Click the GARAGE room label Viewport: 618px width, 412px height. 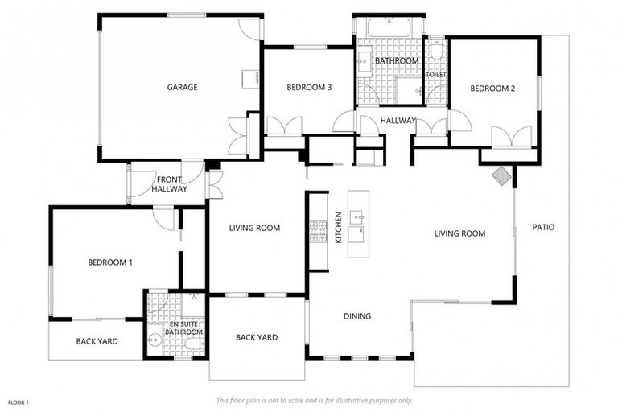click(183, 87)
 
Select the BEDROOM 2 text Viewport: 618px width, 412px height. click(492, 89)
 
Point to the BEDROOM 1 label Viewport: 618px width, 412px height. click(110, 262)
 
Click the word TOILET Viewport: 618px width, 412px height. click(436, 75)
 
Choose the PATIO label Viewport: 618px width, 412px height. click(543, 227)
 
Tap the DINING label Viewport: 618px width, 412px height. click(357, 316)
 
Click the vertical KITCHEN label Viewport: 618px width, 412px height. click(339, 228)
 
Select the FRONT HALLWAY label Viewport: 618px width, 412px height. click(171, 184)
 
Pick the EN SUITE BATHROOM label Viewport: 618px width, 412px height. click(183, 328)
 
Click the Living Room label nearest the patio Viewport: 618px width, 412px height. click(459, 234)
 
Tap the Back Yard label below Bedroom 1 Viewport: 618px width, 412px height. click(97, 341)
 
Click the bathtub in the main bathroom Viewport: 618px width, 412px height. click(389, 27)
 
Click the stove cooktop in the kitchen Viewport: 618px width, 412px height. click(318, 232)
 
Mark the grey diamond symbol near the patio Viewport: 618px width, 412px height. click(501, 176)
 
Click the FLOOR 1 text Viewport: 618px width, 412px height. click(19, 402)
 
